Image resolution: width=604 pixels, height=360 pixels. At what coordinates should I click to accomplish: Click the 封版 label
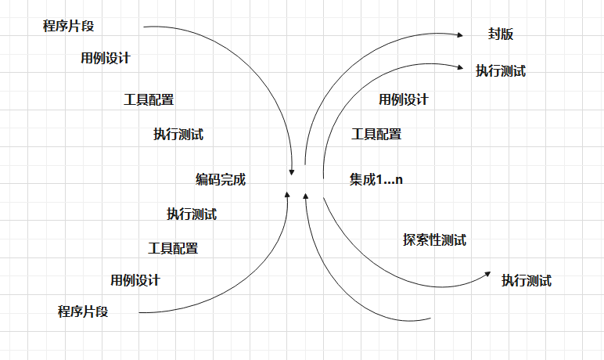(500, 34)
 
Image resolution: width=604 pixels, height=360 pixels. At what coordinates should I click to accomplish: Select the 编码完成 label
(221, 179)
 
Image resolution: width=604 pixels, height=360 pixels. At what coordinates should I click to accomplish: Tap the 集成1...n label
(376, 179)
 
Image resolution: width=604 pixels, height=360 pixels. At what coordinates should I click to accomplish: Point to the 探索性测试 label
(434, 240)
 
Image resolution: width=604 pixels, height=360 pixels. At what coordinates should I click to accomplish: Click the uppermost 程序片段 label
(68, 26)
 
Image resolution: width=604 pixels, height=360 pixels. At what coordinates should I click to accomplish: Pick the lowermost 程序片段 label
(83, 311)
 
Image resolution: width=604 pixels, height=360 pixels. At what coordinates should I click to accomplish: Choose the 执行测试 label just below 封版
(501, 70)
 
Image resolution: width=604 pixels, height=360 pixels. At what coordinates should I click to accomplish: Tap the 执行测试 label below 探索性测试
(527, 280)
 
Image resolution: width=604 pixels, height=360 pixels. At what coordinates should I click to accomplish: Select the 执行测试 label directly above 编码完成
(178, 134)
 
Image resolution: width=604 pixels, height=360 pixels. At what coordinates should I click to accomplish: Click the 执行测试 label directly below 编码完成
(192, 214)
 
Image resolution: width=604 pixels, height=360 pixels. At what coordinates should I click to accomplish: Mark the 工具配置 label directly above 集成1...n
(376, 134)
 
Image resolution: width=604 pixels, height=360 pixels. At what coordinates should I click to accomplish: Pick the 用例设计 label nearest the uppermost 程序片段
(106, 58)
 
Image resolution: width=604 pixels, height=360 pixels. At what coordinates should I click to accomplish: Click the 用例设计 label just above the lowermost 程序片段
(135, 280)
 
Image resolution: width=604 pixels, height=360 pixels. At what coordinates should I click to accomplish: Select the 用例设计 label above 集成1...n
(404, 99)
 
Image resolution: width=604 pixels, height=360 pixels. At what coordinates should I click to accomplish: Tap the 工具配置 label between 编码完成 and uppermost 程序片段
(149, 99)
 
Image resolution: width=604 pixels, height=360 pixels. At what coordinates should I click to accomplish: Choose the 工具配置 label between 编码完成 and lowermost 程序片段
(173, 248)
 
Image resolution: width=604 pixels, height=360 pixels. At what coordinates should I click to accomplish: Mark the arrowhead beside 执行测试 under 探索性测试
(487, 275)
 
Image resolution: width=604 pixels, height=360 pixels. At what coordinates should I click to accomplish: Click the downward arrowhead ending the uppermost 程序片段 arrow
(293, 167)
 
